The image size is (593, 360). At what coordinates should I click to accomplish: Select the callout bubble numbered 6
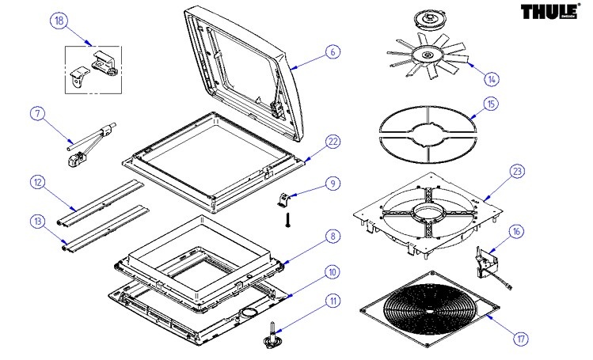333,51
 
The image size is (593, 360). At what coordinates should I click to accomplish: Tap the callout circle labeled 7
37,113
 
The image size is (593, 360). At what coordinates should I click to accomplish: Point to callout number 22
333,141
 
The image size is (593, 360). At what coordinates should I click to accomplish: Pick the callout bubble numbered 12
36,183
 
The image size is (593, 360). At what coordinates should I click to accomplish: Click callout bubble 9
333,184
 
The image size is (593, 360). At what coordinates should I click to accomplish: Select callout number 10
333,271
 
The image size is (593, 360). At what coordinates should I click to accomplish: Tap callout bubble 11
333,301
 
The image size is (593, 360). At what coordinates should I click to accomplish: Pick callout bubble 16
515,232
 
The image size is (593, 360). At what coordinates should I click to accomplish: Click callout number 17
520,339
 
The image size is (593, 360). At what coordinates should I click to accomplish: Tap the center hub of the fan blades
429,55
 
